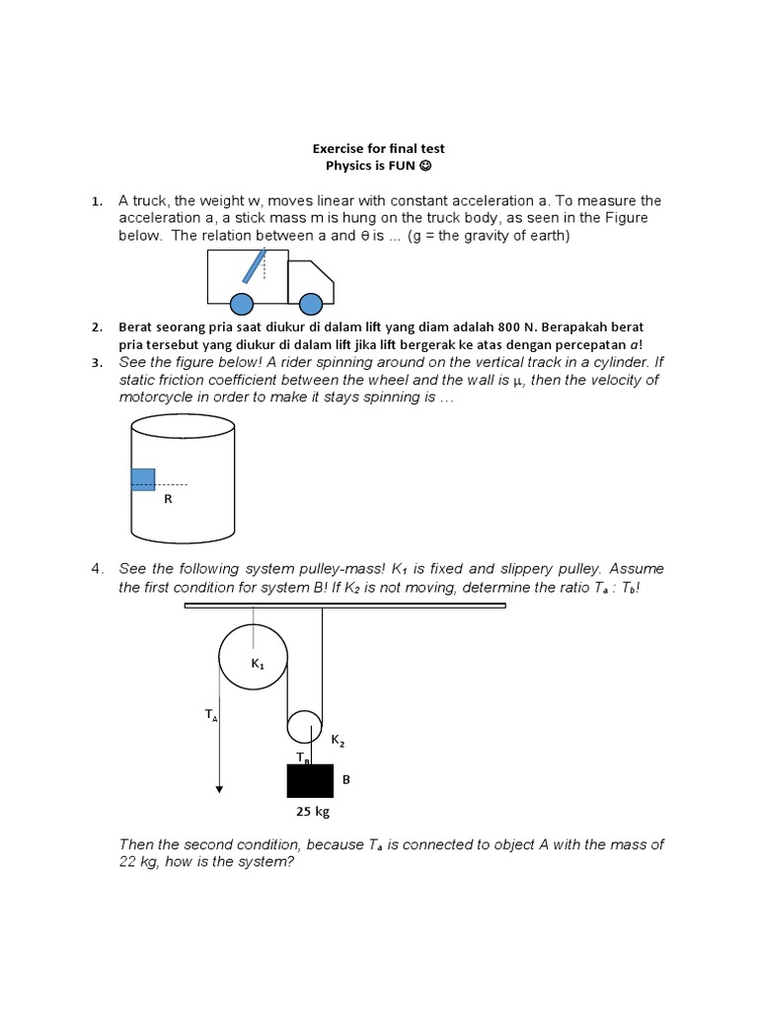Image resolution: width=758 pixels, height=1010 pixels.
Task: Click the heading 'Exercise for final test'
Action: [x=379, y=149]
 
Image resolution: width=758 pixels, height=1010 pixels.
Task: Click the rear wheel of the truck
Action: [x=240, y=302]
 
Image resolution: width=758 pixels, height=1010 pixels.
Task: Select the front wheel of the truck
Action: [x=311, y=302]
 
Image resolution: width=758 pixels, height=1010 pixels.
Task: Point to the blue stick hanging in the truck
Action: [x=254, y=266]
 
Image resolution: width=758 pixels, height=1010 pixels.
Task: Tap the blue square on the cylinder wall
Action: [x=143, y=479]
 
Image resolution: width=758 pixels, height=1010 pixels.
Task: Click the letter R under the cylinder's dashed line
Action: [x=168, y=499]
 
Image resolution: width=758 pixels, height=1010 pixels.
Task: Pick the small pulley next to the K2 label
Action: [x=304, y=728]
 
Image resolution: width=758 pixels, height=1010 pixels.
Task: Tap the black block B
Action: [x=310, y=780]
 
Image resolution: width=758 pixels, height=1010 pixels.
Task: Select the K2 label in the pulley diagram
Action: [x=338, y=740]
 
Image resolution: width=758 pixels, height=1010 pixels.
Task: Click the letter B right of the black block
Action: [x=345, y=779]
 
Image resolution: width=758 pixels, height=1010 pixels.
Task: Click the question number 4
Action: [x=97, y=569]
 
